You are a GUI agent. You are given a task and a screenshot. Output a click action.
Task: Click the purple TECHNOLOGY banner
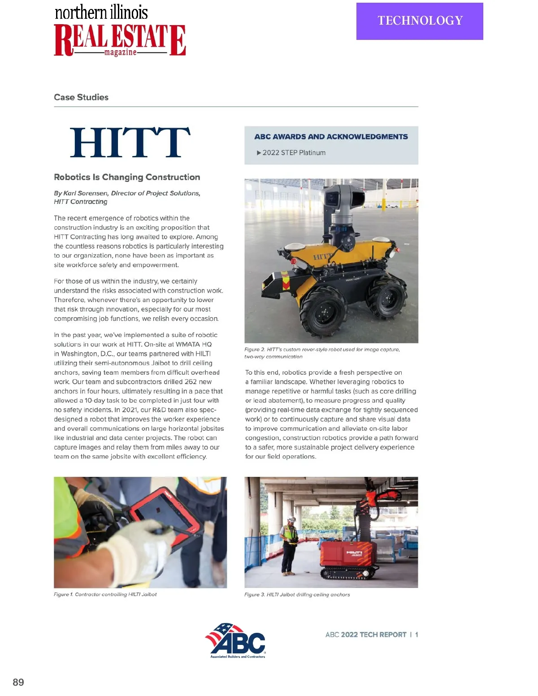pyautogui.click(x=420, y=21)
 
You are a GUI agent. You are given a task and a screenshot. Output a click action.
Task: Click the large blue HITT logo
pyautogui.click(x=130, y=143)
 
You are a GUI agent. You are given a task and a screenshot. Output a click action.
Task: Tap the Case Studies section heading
pyautogui.click(x=81, y=97)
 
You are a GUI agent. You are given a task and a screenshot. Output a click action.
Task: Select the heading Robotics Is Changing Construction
pyautogui.click(x=127, y=177)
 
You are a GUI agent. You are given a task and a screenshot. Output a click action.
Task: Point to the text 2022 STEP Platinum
pyautogui.click(x=294, y=153)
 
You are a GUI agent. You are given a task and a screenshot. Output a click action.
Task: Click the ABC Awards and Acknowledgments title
pyautogui.click(x=331, y=137)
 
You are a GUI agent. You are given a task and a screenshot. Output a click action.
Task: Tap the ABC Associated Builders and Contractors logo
pyautogui.click(x=237, y=640)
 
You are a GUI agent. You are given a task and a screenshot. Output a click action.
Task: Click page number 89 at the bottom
pyautogui.click(x=18, y=682)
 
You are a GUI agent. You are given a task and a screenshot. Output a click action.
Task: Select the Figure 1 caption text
pyautogui.click(x=105, y=594)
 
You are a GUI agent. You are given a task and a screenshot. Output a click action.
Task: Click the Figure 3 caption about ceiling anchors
pyautogui.click(x=297, y=595)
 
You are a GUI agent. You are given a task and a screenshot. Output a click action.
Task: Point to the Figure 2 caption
pyautogui.click(x=322, y=353)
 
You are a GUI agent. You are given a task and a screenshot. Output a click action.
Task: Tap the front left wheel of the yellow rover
pyautogui.click(x=324, y=310)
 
